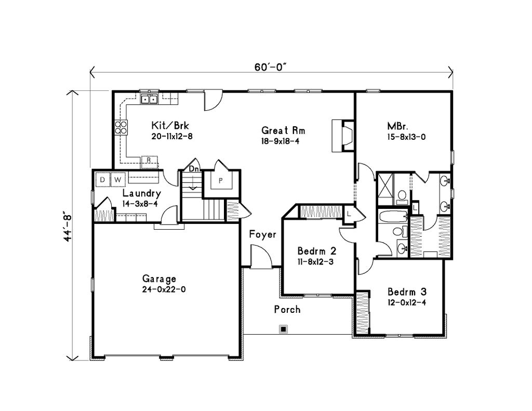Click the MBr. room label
(397, 126)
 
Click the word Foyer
(262, 234)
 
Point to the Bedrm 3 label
(407, 291)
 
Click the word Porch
(287, 310)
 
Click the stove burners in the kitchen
(121, 127)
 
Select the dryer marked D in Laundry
(103, 180)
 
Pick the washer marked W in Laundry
(118, 180)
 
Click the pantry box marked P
(220, 181)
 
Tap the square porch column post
(283, 328)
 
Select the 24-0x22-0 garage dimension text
(163, 290)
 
